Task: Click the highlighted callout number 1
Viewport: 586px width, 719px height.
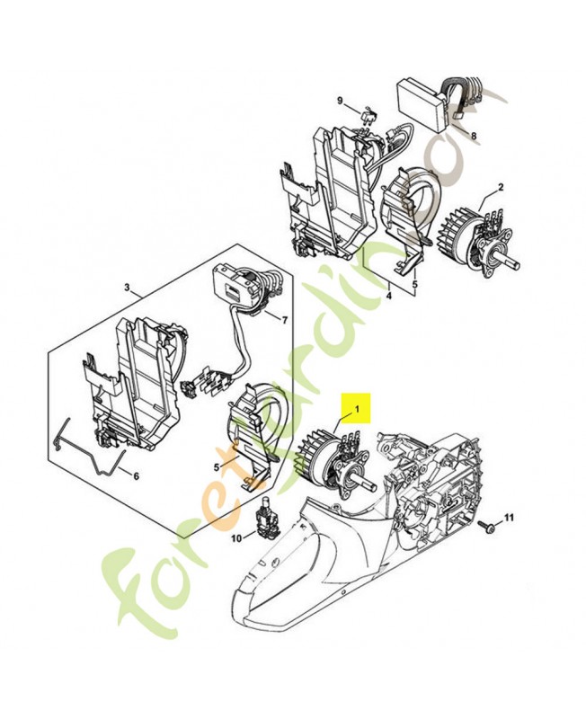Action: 358,409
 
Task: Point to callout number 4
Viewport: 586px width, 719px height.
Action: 388,294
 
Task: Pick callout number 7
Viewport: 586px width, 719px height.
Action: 285,320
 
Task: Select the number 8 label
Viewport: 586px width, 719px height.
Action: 474,137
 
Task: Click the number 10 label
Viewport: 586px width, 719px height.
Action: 237,538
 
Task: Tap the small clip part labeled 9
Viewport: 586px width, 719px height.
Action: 368,115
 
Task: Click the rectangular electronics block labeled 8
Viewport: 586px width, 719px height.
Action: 421,103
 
